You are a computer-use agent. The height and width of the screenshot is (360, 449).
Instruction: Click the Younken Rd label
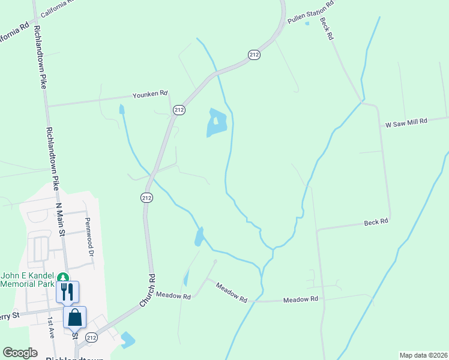coord(150,95)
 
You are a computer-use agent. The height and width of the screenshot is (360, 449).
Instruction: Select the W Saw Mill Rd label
coord(406,121)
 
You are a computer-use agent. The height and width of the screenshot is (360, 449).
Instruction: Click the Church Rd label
coord(147,290)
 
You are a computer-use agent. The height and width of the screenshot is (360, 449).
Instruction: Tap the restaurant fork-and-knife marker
coord(67,292)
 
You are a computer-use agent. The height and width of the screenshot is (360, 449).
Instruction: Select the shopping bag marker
coord(75,317)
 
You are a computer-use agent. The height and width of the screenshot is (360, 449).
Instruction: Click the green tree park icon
coord(62,278)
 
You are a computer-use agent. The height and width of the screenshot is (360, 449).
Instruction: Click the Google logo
coord(20,353)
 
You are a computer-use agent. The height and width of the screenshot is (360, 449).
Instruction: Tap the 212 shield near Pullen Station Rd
coord(254,55)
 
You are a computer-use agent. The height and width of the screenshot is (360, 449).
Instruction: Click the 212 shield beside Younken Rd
coord(179,110)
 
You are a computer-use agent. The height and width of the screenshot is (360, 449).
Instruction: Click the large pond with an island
coord(216,122)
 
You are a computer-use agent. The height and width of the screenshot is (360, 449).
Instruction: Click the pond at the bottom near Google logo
coord(128,340)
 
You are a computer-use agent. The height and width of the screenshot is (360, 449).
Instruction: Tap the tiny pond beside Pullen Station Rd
coord(307,23)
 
